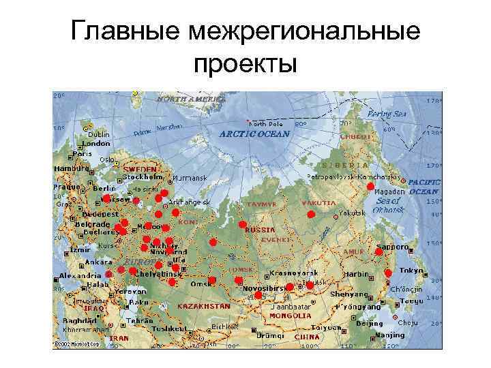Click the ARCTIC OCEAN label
pyautogui.click(x=254, y=134)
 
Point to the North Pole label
pyautogui.click(x=266, y=125)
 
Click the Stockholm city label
pyautogui.click(x=142, y=177)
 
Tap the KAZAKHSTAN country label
pyautogui.click(x=203, y=307)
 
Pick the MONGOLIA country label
pyautogui.click(x=290, y=316)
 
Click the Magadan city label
pyautogui.click(x=391, y=192)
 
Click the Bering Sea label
pyautogui.click(x=387, y=114)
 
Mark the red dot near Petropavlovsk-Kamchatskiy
pyautogui.click(x=370, y=186)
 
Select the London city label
pyautogui.click(x=97, y=144)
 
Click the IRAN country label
pyautogui.click(x=119, y=338)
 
